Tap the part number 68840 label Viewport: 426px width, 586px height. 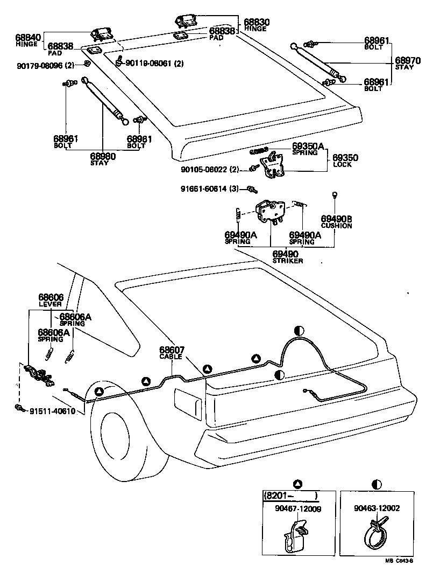[27, 38]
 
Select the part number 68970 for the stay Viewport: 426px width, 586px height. [404, 60]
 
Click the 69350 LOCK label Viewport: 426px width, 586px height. [345, 158]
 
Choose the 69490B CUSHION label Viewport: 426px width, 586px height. [336, 219]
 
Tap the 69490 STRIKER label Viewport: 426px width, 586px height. [287, 254]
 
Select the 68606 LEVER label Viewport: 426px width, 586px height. [51, 298]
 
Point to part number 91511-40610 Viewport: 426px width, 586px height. [52, 412]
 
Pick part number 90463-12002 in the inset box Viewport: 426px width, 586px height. [377, 508]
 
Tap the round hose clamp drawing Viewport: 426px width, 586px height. [376, 535]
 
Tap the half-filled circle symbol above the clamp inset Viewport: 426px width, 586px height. [377, 484]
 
